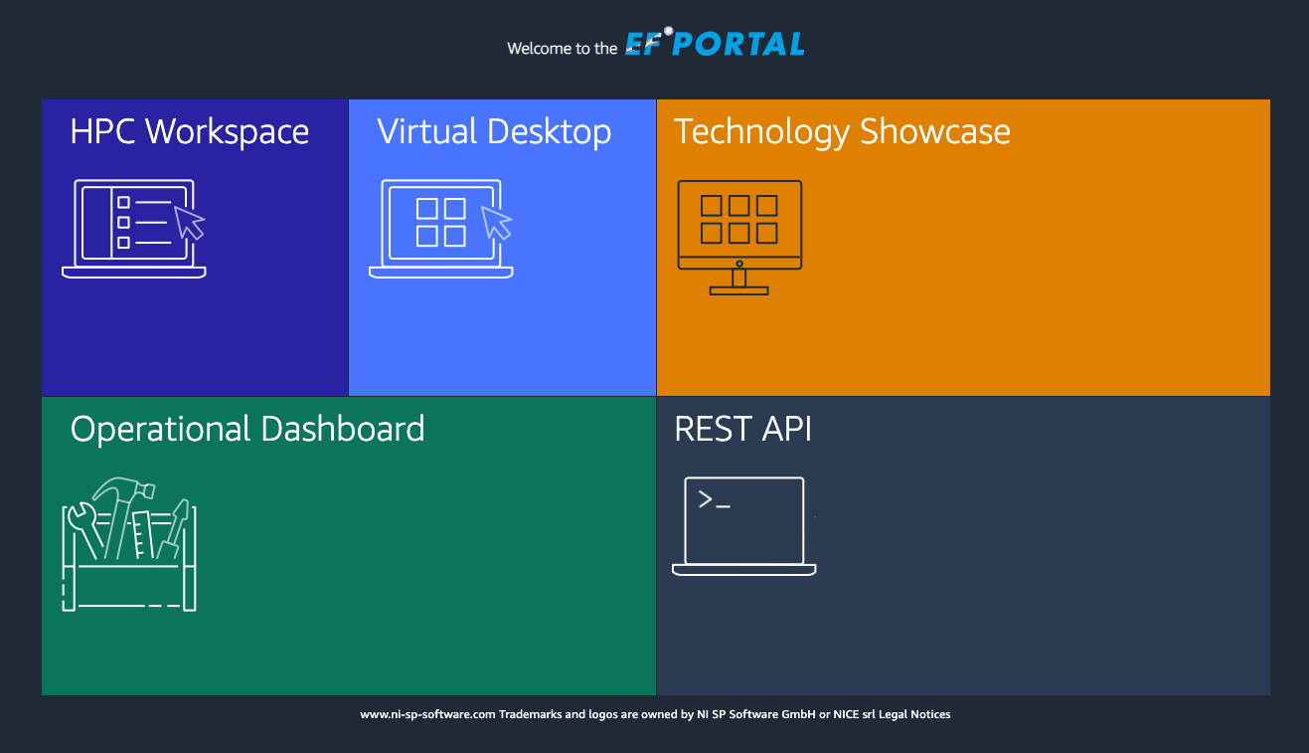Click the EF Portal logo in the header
tap(715, 42)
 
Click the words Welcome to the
tap(563, 48)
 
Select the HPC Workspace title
tap(189, 131)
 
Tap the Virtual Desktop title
tap(494, 131)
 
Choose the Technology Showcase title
tap(842, 131)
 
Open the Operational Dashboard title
tap(247, 429)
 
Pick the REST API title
tap(742, 429)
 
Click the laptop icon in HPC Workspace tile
tap(134, 229)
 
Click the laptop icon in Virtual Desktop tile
tap(440, 229)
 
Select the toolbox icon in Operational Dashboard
tap(129, 544)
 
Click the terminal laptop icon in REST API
tap(743, 526)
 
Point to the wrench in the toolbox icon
tap(84, 529)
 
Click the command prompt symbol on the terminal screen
tap(714, 500)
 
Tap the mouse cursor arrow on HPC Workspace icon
tap(188, 222)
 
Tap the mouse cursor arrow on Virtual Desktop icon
tap(496, 222)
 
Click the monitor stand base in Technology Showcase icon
tap(739, 290)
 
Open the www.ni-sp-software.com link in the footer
tap(427, 714)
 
